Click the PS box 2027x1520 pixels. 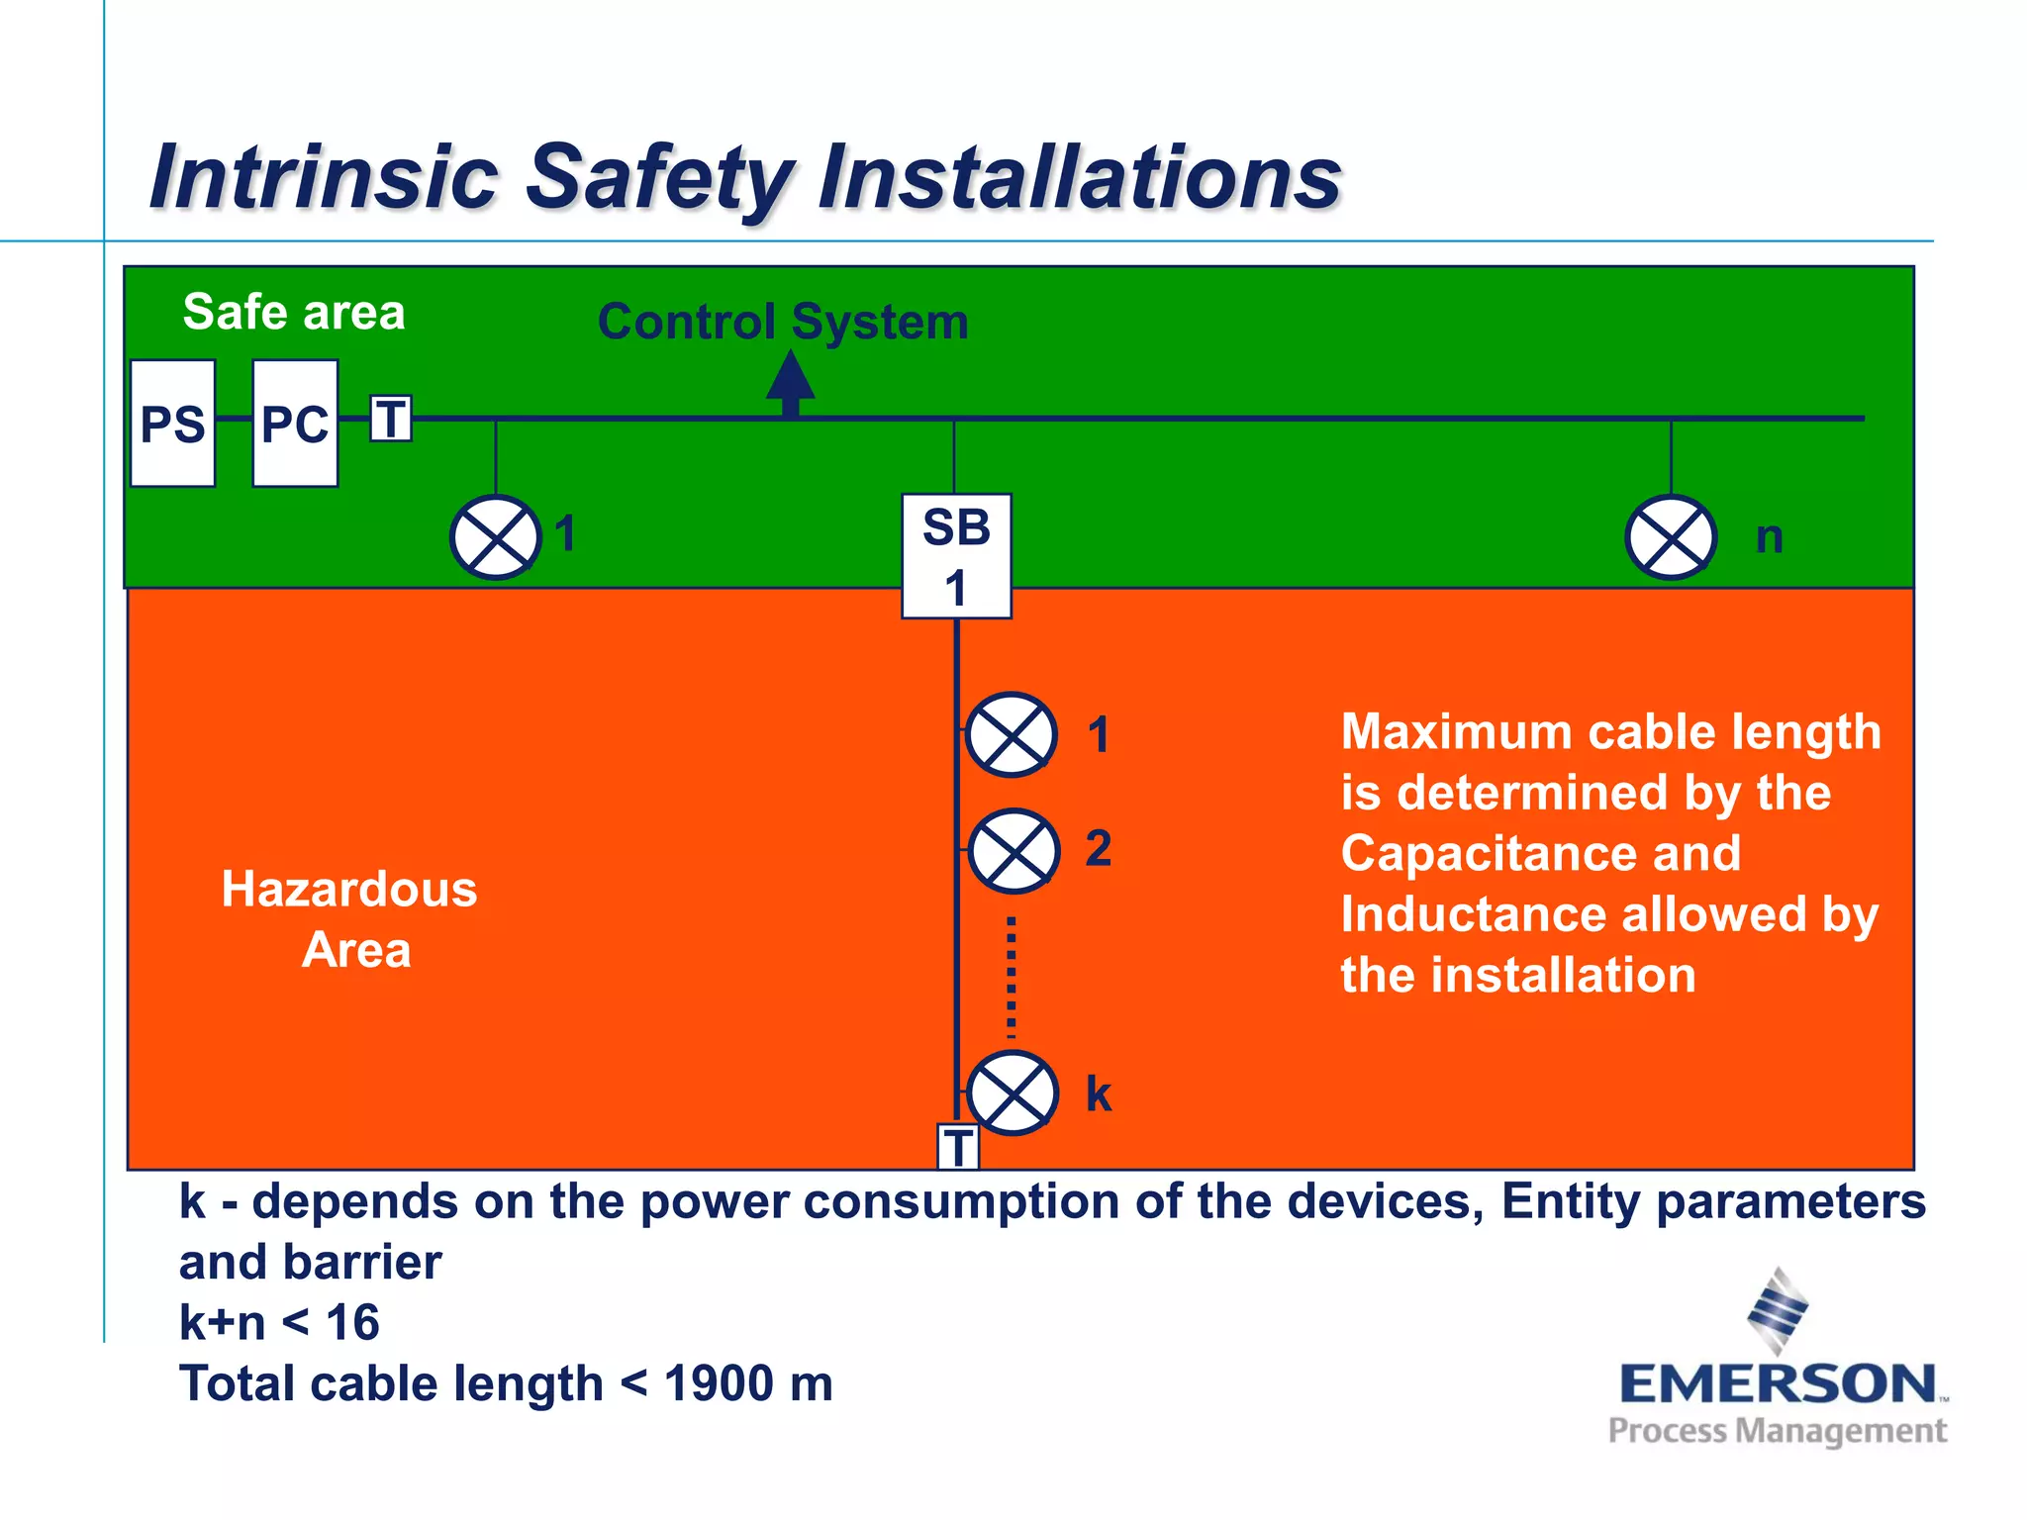click(x=172, y=424)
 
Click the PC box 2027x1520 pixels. click(x=295, y=424)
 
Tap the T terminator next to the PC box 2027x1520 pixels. click(x=391, y=419)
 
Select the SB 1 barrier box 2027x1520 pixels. click(x=956, y=556)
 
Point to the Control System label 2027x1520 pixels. click(x=783, y=322)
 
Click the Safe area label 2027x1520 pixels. click(x=294, y=312)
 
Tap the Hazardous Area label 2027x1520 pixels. click(x=350, y=919)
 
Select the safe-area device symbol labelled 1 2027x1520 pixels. click(x=496, y=537)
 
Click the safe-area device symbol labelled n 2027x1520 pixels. click(x=1671, y=537)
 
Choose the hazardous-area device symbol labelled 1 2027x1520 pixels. click(x=1011, y=734)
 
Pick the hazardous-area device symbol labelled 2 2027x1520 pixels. click(x=1013, y=851)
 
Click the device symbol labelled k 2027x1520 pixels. click(x=1013, y=1092)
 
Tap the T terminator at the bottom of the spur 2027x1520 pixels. click(x=958, y=1147)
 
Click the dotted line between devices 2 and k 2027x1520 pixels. click(x=1011, y=975)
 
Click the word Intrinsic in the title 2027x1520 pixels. click(x=324, y=177)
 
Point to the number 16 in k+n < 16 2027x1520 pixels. click(x=352, y=1323)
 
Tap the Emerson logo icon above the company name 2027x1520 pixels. click(x=1778, y=1310)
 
